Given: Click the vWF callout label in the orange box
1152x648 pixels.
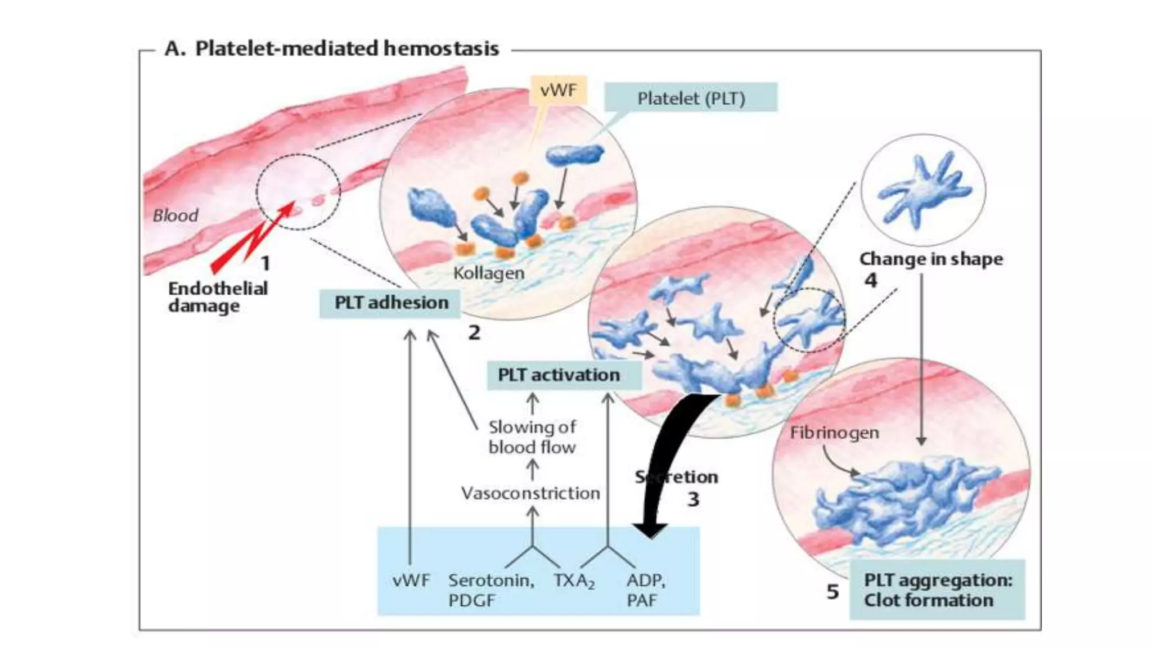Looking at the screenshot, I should click(x=558, y=91).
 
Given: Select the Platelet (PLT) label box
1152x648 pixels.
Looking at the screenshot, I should click(x=691, y=98).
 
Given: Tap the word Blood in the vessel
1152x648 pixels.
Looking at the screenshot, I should click(x=175, y=215).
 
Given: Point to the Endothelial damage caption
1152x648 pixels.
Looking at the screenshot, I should click(x=218, y=297).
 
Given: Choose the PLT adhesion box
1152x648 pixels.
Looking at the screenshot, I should click(x=391, y=303).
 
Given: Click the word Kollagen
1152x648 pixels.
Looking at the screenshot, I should click(x=488, y=273).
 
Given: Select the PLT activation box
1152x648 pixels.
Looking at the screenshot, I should click(x=562, y=375).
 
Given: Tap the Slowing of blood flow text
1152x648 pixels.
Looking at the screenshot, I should click(x=532, y=437).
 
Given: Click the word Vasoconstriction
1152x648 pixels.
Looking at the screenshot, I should click(x=530, y=493).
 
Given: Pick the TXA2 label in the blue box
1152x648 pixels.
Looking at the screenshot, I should click(x=573, y=580).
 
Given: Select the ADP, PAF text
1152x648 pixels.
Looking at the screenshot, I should click(x=646, y=589).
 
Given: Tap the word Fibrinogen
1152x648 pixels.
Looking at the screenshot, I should click(x=834, y=433).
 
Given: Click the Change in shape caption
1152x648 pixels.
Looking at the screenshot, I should click(x=931, y=259).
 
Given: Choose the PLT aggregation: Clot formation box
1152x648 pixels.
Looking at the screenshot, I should click(x=937, y=589).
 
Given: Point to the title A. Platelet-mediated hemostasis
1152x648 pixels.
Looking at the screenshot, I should click(x=332, y=48).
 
